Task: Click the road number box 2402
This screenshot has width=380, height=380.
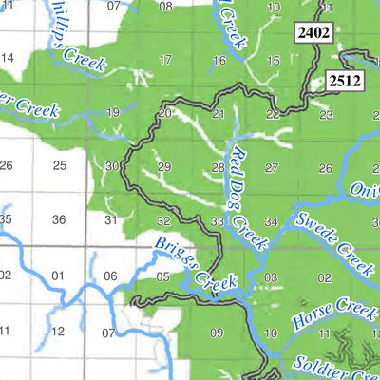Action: (313, 34)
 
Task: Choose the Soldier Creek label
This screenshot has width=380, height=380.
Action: (334, 358)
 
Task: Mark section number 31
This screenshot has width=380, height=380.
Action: (110, 220)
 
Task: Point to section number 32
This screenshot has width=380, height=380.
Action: (163, 220)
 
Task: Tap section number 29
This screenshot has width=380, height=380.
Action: (165, 167)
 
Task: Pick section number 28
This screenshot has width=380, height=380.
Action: (218, 168)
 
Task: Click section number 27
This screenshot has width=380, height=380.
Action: (273, 168)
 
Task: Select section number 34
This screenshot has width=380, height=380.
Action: (273, 221)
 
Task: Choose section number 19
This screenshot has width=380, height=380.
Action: (113, 113)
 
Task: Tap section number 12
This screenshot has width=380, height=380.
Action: (58, 332)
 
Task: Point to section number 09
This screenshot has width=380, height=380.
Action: (217, 332)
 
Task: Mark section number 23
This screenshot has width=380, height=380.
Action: (326, 115)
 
